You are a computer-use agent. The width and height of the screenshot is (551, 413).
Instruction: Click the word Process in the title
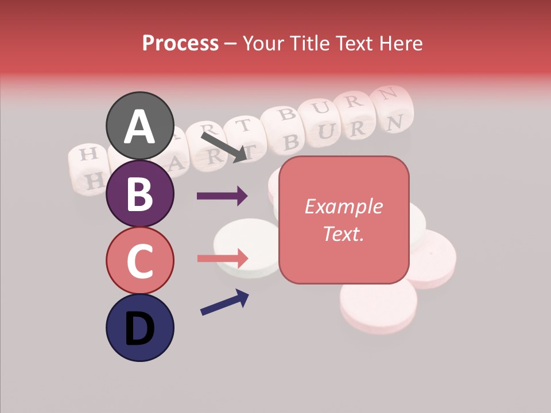[x=180, y=43]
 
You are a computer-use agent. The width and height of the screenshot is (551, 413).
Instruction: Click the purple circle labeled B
[x=140, y=193]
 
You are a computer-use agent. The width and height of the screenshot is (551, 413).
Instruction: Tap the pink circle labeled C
[x=140, y=260]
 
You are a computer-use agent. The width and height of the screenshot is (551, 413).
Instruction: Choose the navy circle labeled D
[x=140, y=328]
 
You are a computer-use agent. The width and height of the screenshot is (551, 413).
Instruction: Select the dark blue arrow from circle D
[x=224, y=302]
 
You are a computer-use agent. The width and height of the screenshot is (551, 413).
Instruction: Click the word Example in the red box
[x=343, y=206]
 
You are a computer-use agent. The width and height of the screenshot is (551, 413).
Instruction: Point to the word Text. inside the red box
[x=343, y=233]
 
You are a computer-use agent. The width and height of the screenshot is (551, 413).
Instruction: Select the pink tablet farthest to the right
[x=434, y=258]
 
